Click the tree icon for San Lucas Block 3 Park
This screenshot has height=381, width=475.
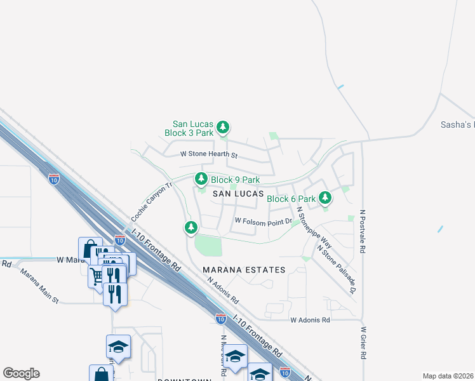click(x=223, y=128)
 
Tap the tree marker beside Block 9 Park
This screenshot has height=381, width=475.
click(x=201, y=179)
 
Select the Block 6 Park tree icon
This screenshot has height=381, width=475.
click(x=325, y=198)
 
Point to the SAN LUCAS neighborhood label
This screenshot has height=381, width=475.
click(x=237, y=193)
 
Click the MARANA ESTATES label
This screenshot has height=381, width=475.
click(x=244, y=270)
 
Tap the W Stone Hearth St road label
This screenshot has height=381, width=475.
click(x=208, y=154)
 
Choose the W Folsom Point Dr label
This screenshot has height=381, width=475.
click(x=263, y=221)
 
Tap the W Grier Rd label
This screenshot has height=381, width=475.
click(x=364, y=343)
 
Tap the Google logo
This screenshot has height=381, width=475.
click(x=21, y=373)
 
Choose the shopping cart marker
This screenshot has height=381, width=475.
click(x=96, y=276)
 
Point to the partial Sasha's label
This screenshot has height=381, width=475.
click(x=457, y=125)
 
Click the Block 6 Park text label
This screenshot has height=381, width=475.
click(x=291, y=199)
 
